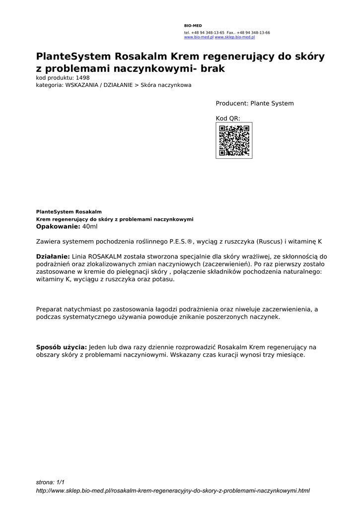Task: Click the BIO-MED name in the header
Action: coord(193,25)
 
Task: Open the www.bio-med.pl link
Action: coord(199,37)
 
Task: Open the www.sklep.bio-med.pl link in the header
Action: coord(234,37)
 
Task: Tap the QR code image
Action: coord(234,140)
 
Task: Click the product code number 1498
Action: coord(83,78)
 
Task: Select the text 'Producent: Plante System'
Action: coord(254,104)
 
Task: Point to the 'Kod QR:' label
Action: coord(228,119)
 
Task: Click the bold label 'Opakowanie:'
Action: coord(58,227)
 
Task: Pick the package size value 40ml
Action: coord(90,227)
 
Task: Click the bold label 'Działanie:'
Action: coord(53,256)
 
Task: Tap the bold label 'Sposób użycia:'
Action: coord(62,347)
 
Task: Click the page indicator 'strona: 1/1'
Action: coord(50,482)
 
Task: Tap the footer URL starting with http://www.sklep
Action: coord(173,491)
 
